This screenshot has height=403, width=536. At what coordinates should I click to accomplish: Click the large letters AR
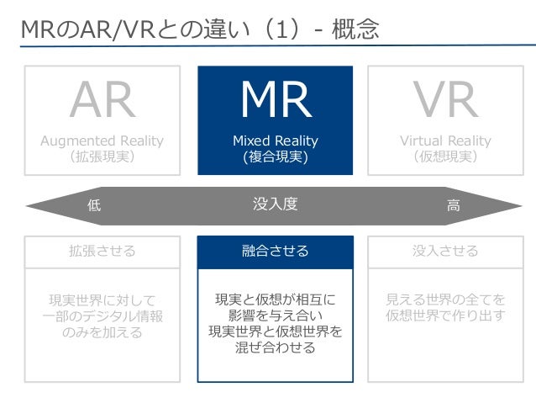coord(103,102)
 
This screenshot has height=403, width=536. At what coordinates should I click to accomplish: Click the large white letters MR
coord(275,102)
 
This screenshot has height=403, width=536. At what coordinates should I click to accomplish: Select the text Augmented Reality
coord(102,141)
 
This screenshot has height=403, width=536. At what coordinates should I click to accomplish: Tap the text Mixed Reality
coord(275,141)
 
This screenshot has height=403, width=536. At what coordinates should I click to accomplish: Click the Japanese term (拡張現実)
coord(102,156)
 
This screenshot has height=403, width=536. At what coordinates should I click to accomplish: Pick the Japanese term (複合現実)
coord(275,156)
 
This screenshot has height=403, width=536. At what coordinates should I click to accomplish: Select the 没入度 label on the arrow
coord(275,204)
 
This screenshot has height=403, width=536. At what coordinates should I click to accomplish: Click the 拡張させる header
coord(102,251)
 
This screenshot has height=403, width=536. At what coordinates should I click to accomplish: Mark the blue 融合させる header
coord(275,251)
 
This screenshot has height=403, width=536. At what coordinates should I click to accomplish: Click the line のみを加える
coord(102,332)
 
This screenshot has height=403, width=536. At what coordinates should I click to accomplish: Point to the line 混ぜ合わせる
coord(275,347)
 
